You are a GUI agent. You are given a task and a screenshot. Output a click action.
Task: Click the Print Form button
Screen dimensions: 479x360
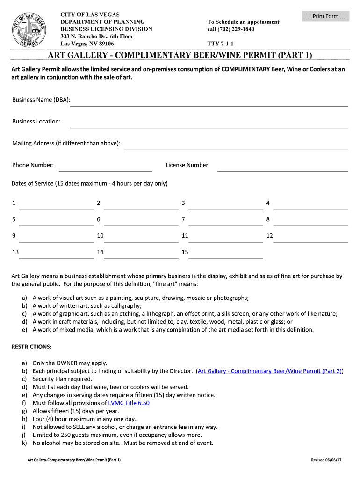pos(325,16)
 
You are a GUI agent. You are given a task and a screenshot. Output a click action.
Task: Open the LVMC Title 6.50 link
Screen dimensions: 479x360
pos(129,403)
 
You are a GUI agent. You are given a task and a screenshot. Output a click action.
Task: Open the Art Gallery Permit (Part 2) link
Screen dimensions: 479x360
pos(270,371)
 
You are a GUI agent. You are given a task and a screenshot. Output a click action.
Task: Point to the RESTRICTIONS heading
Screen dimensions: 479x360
pos(31,347)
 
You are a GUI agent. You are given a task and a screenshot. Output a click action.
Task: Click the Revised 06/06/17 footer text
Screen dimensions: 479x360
pos(326,460)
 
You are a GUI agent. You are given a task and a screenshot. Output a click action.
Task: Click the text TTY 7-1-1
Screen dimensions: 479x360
pos(221,44)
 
